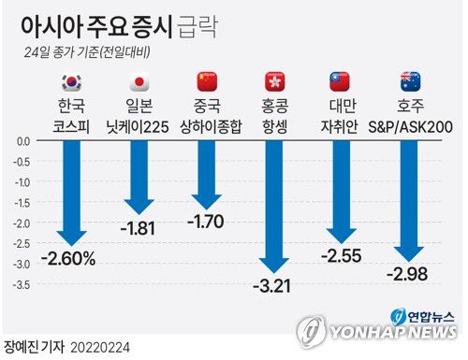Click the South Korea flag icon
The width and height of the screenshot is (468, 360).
(70, 81)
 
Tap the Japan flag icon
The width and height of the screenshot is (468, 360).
(139, 81)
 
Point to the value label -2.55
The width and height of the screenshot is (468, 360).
(344, 254)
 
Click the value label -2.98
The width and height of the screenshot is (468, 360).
(411, 272)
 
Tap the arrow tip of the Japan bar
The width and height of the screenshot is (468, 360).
(139, 210)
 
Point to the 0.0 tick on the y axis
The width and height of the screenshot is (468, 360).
(24, 141)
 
